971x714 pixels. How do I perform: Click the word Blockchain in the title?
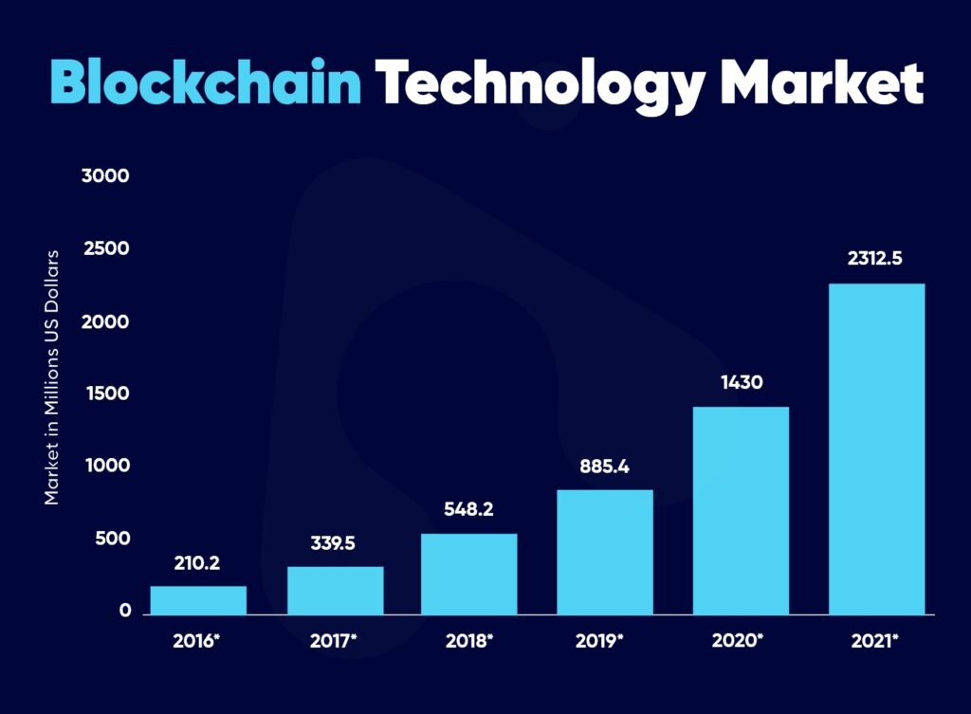[x=206, y=84]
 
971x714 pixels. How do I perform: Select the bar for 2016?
[x=198, y=600]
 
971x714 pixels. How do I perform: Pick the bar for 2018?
[x=469, y=574]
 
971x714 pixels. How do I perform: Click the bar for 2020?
[x=741, y=510]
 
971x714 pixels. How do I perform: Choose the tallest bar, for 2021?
[x=876, y=449]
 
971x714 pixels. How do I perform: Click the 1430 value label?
[x=741, y=384]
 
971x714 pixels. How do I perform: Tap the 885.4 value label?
[x=605, y=467]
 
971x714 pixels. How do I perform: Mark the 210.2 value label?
[x=197, y=563]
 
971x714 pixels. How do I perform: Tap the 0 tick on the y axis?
[x=124, y=612]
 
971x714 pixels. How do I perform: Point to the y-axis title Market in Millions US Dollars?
[x=52, y=377]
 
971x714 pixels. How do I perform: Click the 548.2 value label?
[x=469, y=509]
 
